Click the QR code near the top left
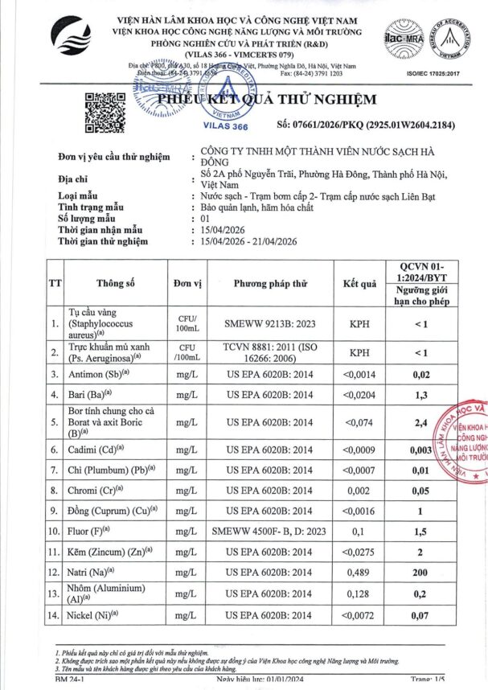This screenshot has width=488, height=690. (x=105, y=113)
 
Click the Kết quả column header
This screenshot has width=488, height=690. (x=360, y=283)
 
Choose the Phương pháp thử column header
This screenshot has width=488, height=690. (x=270, y=283)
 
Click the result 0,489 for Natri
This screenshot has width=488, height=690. (x=360, y=572)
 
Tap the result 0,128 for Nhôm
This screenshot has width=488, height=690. (x=360, y=593)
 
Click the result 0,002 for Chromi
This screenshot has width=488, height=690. (x=360, y=489)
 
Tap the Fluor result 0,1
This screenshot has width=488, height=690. (x=360, y=531)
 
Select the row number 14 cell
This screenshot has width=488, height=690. (x=54, y=615)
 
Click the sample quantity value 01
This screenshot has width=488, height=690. (x=205, y=218)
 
